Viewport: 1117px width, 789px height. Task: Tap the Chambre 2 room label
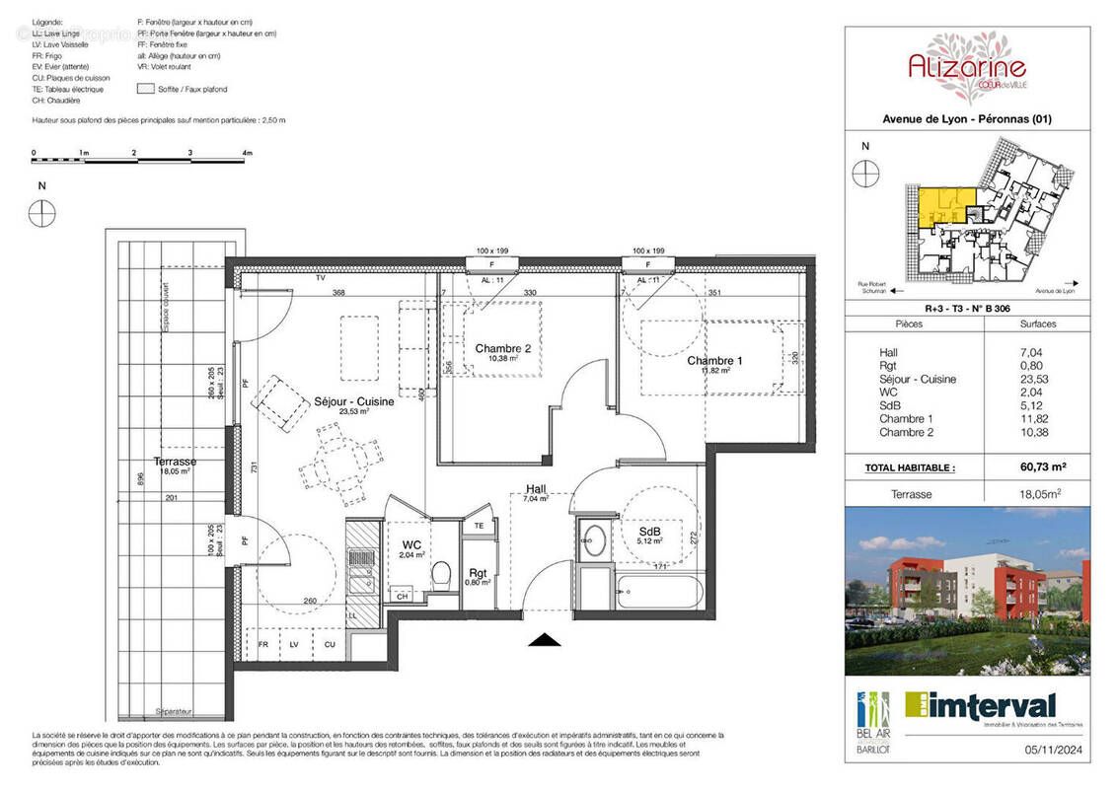502,349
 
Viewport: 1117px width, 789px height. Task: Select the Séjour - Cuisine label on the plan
353,402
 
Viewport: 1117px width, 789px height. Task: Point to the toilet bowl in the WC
442,572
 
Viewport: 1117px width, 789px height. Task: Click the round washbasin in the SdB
594,538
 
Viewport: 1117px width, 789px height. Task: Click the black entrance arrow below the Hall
545,640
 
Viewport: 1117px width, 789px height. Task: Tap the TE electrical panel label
480,527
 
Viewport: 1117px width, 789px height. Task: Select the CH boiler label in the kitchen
402,596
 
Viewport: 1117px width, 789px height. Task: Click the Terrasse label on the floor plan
175,462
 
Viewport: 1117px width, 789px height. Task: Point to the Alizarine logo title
967,67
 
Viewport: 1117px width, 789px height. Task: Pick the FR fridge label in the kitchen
263,644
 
